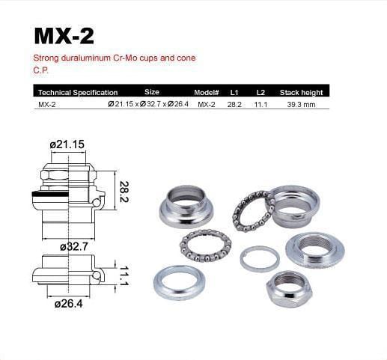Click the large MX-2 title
click(64, 36)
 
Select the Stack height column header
click(301, 93)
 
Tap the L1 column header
click(234, 93)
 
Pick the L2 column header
click(260, 93)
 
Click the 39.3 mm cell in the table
click(301, 105)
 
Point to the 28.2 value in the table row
click(234, 105)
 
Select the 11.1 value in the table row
click(260, 105)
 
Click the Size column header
click(152, 92)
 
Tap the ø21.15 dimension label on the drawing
click(67, 144)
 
